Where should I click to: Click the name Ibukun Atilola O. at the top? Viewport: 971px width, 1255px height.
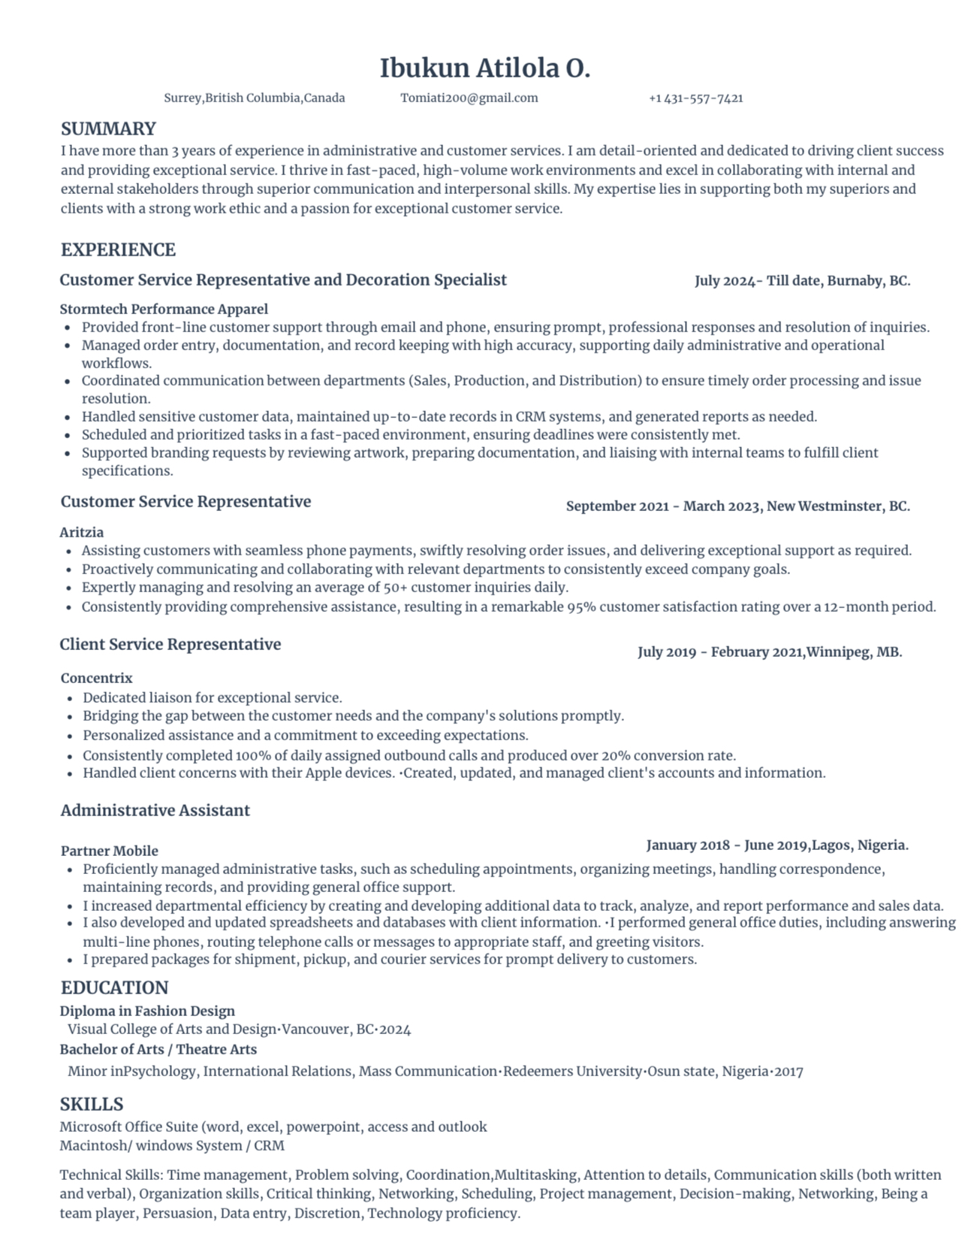tap(485, 68)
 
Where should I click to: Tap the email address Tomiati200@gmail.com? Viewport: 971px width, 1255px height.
tap(469, 98)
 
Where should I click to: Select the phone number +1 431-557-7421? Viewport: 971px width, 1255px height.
tap(695, 98)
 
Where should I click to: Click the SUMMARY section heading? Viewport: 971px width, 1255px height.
tap(108, 129)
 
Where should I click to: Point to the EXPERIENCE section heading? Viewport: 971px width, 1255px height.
tap(118, 249)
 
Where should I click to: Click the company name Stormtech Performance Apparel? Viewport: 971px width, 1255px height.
tap(164, 309)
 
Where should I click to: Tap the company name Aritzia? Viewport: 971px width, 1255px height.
tap(82, 532)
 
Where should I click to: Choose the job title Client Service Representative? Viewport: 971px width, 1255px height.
tap(170, 644)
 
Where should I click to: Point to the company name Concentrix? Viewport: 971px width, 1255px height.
tap(96, 678)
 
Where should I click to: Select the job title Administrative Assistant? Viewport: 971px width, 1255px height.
tap(155, 810)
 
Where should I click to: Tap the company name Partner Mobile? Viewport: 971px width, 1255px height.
tap(110, 851)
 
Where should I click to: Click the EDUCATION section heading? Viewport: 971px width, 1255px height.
tap(114, 987)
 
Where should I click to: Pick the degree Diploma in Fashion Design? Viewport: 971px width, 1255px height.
tap(147, 1011)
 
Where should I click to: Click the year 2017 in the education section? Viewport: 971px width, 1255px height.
tap(789, 1071)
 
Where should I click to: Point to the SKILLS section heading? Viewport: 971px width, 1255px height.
tap(92, 1104)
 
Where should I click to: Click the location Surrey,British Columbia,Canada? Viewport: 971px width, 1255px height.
tap(255, 98)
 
